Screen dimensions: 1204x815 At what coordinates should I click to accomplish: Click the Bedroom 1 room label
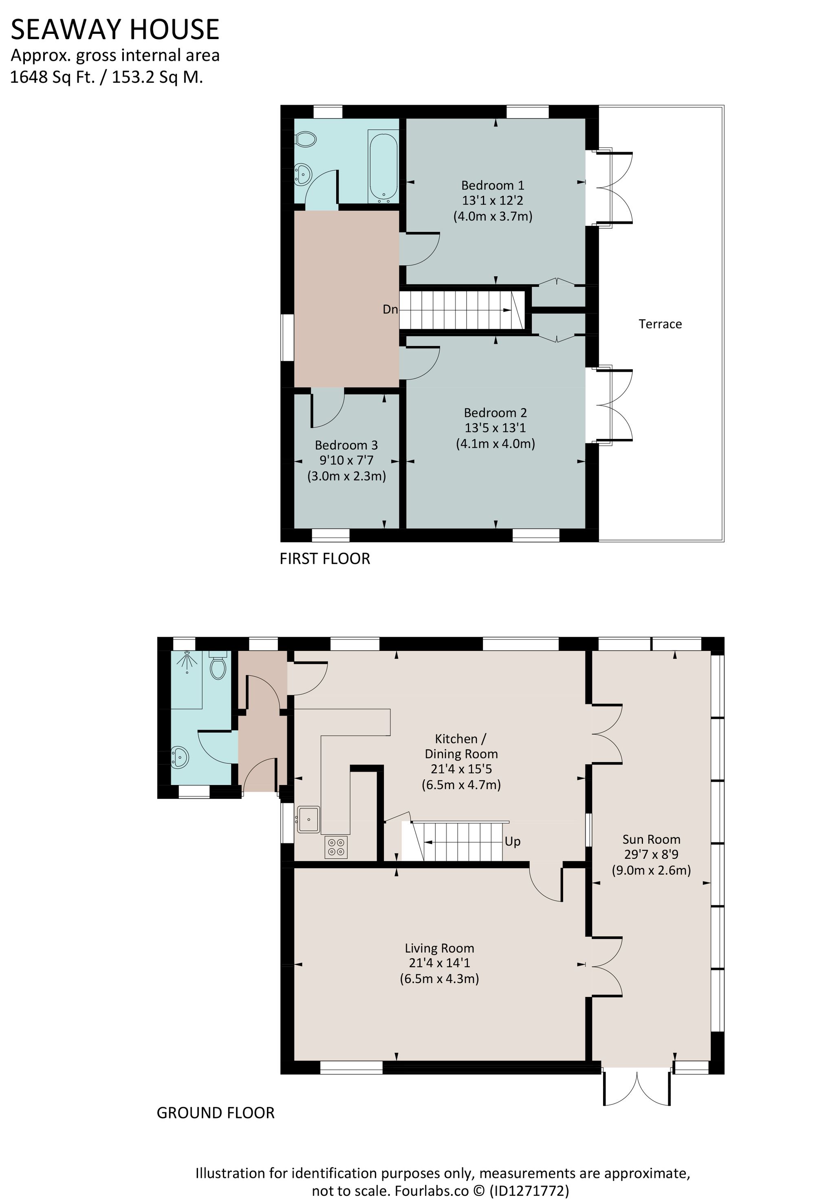tap(492, 185)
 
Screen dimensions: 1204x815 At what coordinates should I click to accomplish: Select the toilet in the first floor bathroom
tap(306, 139)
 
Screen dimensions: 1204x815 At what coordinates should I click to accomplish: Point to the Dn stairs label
tap(390, 309)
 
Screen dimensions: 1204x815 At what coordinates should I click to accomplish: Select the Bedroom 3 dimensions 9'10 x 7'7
tap(346, 460)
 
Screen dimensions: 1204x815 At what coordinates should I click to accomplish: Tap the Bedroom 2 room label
tap(495, 412)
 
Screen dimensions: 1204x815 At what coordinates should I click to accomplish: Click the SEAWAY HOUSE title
tap(115, 29)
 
